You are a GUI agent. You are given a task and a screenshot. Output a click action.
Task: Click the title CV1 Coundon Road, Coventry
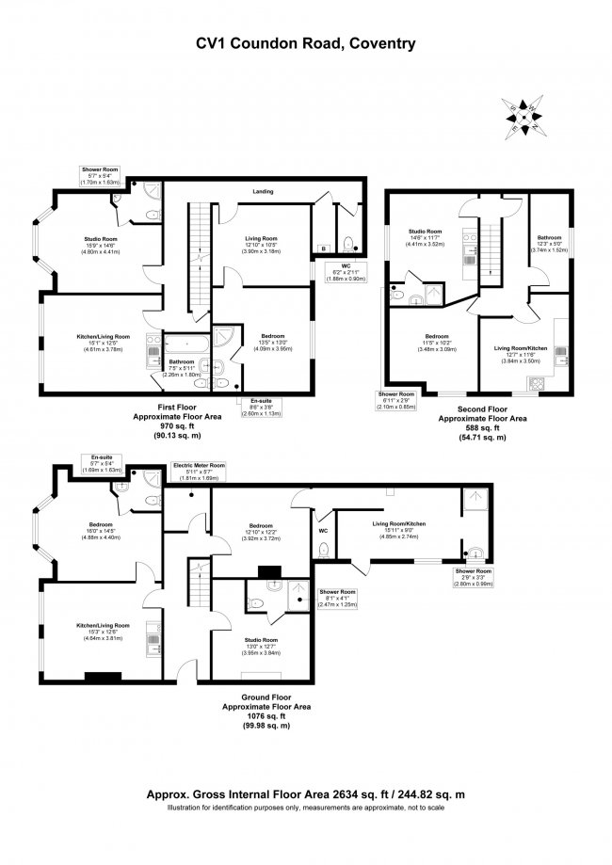(305, 42)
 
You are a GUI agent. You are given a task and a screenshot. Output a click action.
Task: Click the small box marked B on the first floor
(324, 248)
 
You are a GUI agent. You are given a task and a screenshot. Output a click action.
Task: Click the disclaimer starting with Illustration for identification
(305, 807)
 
